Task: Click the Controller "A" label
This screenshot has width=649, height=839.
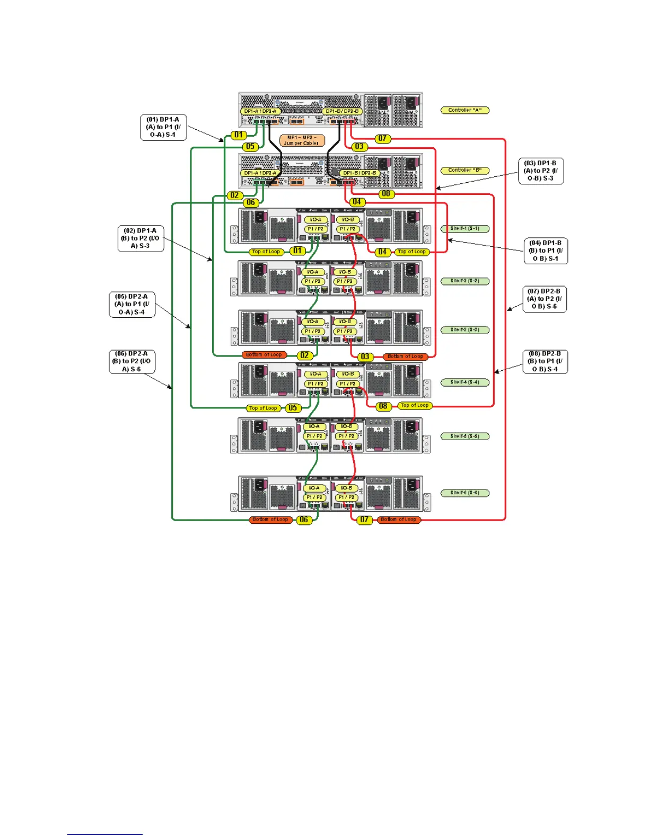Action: [x=464, y=110]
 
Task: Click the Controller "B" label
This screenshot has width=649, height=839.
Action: [x=464, y=170]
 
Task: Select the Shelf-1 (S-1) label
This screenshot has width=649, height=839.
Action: [x=464, y=229]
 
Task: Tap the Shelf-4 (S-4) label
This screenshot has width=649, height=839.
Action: [x=464, y=382]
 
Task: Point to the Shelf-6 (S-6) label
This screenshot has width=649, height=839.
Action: [x=464, y=493]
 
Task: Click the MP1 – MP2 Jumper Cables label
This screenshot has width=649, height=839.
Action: [x=302, y=140]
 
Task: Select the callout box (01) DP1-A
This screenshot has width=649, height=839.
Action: [x=163, y=127]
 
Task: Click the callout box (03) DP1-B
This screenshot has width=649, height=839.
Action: [x=540, y=171]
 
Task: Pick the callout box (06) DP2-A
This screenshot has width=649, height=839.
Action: [x=131, y=361]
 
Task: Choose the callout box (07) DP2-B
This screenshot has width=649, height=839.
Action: [x=544, y=299]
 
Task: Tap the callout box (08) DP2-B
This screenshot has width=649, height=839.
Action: [x=545, y=361]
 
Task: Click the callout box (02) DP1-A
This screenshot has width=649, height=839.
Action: [x=141, y=238]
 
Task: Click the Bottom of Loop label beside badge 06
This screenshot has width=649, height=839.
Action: [x=270, y=520]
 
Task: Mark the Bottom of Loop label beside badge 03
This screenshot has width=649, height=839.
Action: [x=406, y=356]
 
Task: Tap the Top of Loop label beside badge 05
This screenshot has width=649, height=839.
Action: [x=264, y=408]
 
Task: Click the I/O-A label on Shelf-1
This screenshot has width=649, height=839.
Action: [x=315, y=219]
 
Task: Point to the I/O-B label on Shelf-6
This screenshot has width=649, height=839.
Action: [x=346, y=488]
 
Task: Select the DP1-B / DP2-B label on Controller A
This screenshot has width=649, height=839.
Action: [x=343, y=112]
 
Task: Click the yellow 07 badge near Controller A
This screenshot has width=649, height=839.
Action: [x=382, y=138]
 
